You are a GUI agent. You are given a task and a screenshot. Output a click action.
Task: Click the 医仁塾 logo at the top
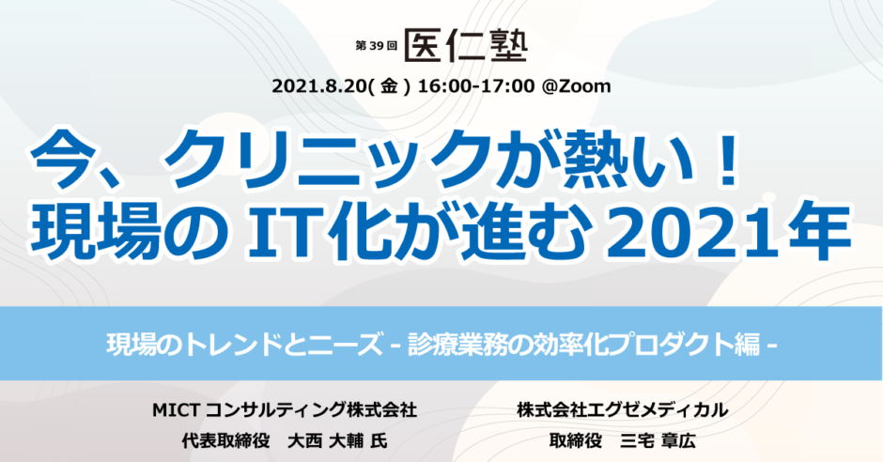(x=466, y=45)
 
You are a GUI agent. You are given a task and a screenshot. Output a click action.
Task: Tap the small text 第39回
(x=376, y=46)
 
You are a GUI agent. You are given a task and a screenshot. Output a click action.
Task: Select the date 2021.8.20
(x=318, y=86)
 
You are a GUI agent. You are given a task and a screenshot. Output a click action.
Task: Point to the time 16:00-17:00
(x=476, y=86)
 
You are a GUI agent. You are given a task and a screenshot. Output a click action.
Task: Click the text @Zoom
(x=576, y=86)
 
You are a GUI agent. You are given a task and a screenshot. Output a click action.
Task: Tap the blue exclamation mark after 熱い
(x=729, y=160)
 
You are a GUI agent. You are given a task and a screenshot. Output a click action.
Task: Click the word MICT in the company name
(x=175, y=410)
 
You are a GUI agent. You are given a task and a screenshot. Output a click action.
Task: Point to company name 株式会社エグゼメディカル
(x=622, y=410)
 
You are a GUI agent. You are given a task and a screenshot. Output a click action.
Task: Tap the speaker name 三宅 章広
(x=658, y=440)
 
